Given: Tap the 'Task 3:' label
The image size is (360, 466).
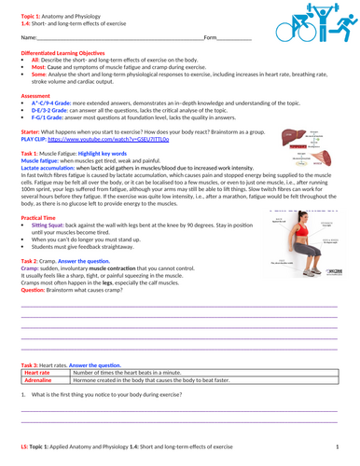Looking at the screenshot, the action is point(33,363).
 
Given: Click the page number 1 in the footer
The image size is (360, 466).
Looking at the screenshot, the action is point(338,448).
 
